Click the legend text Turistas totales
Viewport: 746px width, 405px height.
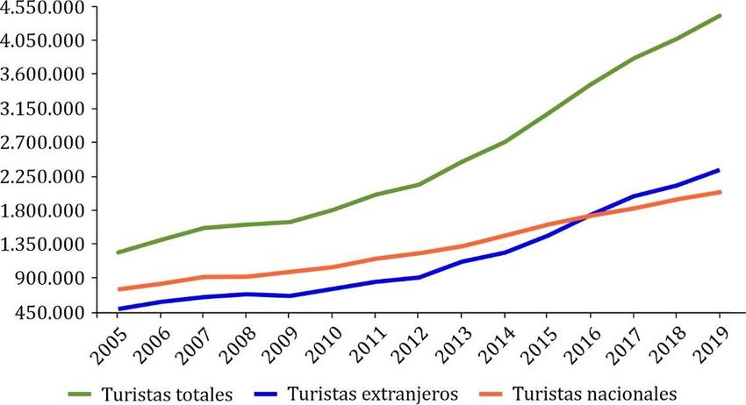[x=167, y=393]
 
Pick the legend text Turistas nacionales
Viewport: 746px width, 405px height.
[x=595, y=393]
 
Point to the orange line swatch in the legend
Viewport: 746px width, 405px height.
[x=491, y=393]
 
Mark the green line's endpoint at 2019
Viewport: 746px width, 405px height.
[x=721, y=15]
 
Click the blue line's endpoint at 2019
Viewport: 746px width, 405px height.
[x=721, y=170]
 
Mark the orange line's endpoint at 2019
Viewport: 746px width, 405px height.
[x=721, y=191]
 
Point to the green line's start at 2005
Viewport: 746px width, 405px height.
[x=118, y=252]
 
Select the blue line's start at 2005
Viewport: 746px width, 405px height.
[x=118, y=309]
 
